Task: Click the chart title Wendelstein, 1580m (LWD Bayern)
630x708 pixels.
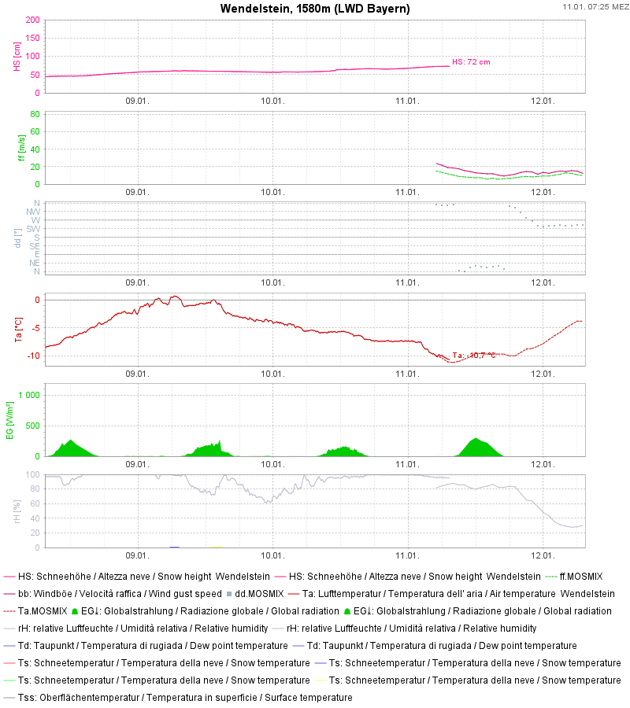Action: (x=315, y=9)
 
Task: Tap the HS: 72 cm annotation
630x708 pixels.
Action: (x=476, y=61)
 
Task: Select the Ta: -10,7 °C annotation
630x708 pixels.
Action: (x=474, y=356)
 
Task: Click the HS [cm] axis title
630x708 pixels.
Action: (x=17, y=56)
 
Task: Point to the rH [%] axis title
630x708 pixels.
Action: (x=17, y=511)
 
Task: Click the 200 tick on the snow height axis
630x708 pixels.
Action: (x=32, y=20)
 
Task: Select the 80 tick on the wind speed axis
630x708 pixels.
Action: (x=35, y=113)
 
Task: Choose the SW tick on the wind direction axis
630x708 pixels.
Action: (x=33, y=229)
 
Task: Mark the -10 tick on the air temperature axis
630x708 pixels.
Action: (x=32, y=356)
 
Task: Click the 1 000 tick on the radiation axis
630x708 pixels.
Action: (x=28, y=395)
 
